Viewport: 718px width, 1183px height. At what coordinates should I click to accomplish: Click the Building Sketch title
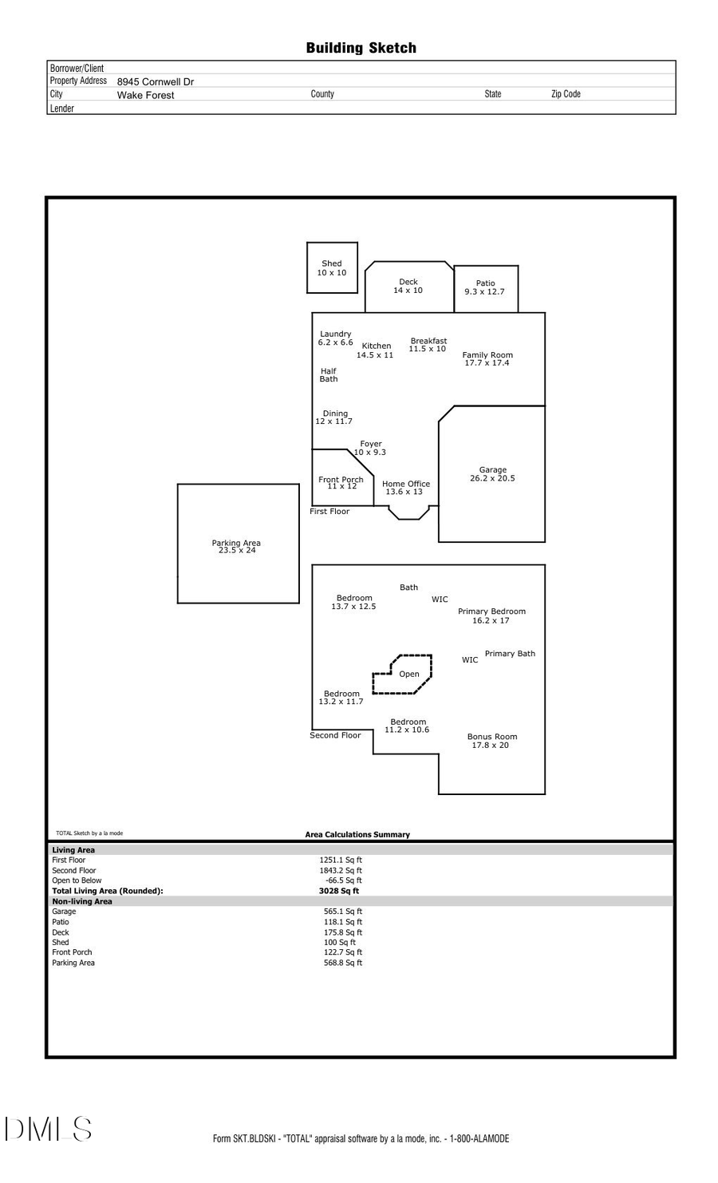pyautogui.click(x=361, y=48)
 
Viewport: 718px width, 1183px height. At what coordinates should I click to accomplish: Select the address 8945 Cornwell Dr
pyautogui.click(x=156, y=81)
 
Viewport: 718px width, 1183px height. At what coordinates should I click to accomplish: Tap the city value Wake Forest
pyautogui.click(x=145, y=95)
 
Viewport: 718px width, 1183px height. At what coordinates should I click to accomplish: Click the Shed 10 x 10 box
pyautogui.click(x=332, y=268)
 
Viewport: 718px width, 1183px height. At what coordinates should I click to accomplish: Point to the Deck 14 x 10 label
pyautogui.click(x=408, y=286)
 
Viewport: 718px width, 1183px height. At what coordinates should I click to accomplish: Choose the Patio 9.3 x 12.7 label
pyautogui.click(x=485, y=287)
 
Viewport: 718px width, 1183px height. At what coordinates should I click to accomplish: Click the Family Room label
pyautogui.click(x=487, y=358)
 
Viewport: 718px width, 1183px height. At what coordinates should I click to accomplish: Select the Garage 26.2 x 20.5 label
pyautogui.click(x=492, y=474)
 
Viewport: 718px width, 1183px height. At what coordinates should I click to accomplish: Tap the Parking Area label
pyautogui.click(x=236, y=547)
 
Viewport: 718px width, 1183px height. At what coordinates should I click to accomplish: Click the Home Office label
pyautogui.click(x=405, y=488)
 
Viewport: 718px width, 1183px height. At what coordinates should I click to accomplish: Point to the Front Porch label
pyautogui.click(x=341, y=483)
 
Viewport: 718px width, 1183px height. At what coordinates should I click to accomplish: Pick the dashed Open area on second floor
pyautogui.click(x=408, y=675)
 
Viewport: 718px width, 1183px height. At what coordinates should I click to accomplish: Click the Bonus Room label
pyautogui.click(x=491, y=741)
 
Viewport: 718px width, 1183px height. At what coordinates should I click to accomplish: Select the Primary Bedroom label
pyautogui.click(x=491, y=615)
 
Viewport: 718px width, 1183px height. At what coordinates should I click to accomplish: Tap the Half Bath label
pyautogui.click(x=329, y=375)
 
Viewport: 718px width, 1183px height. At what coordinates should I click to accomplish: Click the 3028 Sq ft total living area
pyautogui.click(x=339, y=891)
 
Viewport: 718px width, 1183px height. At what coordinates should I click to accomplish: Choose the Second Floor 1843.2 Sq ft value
pyautogui.click(x=341, y=871)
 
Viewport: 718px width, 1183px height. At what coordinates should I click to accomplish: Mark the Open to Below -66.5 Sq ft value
pyautogui.click(x=343, y=880)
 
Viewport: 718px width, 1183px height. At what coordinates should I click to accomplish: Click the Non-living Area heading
pyautogui.click(x=82, y=901)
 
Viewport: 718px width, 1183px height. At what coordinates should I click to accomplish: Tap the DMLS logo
pyautogui.click(x=49, y=1129)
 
